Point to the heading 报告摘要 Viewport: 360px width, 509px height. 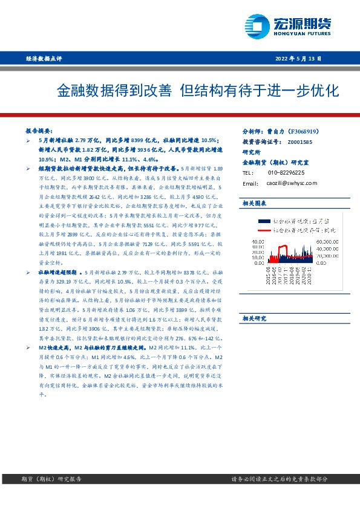[x=38, y=131]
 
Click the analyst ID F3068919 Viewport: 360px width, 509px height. [x=307, y=131]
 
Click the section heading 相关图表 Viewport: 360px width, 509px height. [x=254, y=203]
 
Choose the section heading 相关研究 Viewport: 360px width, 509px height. [x=254, y=318]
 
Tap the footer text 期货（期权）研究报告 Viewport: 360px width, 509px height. [x=48, y=478]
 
